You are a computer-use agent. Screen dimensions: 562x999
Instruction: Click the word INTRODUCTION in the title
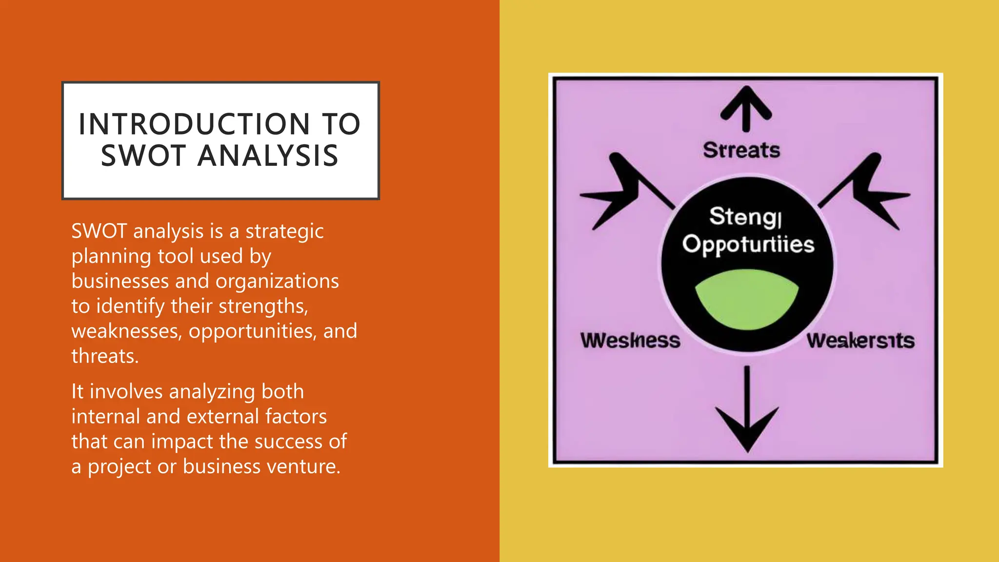(x=194, y=124)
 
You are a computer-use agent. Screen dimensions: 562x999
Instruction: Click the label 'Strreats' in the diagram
(x=741, y=150)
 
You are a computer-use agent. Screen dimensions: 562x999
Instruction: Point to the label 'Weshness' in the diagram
(x=630, y=341)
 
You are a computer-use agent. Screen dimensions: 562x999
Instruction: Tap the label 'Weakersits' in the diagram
(x=860, y=341)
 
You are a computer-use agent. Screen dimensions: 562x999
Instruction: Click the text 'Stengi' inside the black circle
(x=745, y=217)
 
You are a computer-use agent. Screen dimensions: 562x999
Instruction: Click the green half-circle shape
(x=746, y=300)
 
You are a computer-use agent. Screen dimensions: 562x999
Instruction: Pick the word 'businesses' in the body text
(x=120, y=281)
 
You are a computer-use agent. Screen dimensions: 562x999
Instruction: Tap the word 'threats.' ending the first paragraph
(x=105, y=357)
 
